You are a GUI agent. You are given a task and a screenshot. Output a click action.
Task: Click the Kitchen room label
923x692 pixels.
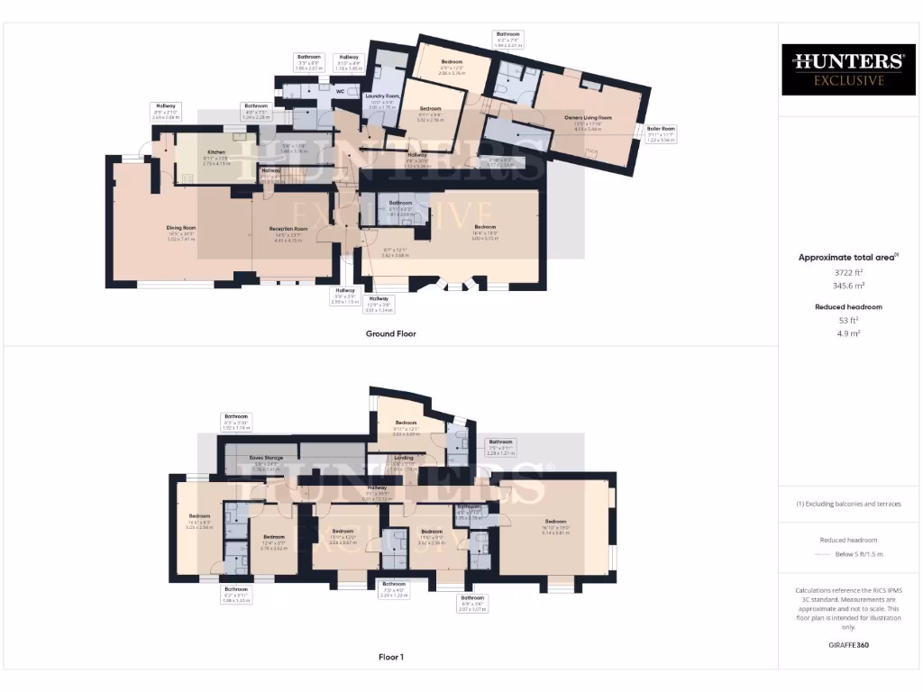click(216, 152)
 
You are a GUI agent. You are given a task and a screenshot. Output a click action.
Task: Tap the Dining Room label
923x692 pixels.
click(181, 228)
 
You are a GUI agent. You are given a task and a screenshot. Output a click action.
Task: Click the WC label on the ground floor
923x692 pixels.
click(340, 91)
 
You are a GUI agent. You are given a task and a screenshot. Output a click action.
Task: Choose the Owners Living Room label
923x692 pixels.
click(588, 118)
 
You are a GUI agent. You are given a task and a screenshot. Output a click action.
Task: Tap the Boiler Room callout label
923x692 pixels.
click(663, 129)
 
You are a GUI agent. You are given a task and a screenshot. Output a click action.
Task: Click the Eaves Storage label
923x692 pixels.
click(266, 458)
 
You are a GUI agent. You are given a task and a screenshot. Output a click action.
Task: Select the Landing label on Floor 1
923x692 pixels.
click(405, 458)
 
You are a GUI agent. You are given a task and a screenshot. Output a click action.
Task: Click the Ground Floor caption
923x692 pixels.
click(390, 333)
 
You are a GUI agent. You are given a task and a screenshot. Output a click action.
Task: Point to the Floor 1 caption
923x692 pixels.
click(390, 657)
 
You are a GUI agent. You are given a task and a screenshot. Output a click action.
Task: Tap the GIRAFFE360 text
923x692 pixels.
click(847, 645)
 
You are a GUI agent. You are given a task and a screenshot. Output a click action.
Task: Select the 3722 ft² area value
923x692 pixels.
click(847, 271)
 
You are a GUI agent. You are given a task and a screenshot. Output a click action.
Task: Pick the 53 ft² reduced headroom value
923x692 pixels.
click(847, 320)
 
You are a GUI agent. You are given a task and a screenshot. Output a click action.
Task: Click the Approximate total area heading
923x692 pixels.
click(847, 258)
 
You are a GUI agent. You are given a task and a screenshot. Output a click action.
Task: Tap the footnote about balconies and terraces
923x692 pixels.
click(847, 504)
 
